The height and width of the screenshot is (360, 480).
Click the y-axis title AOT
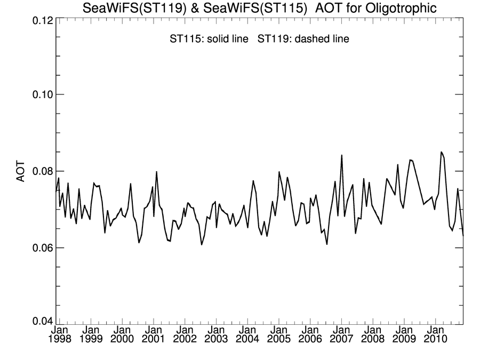[21, 171]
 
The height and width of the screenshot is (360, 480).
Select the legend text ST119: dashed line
[303, 39]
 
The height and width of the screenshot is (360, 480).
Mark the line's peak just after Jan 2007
[341, 155]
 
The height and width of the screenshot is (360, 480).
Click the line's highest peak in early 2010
[441, 152]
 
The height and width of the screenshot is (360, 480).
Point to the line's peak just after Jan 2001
[156, 172]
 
